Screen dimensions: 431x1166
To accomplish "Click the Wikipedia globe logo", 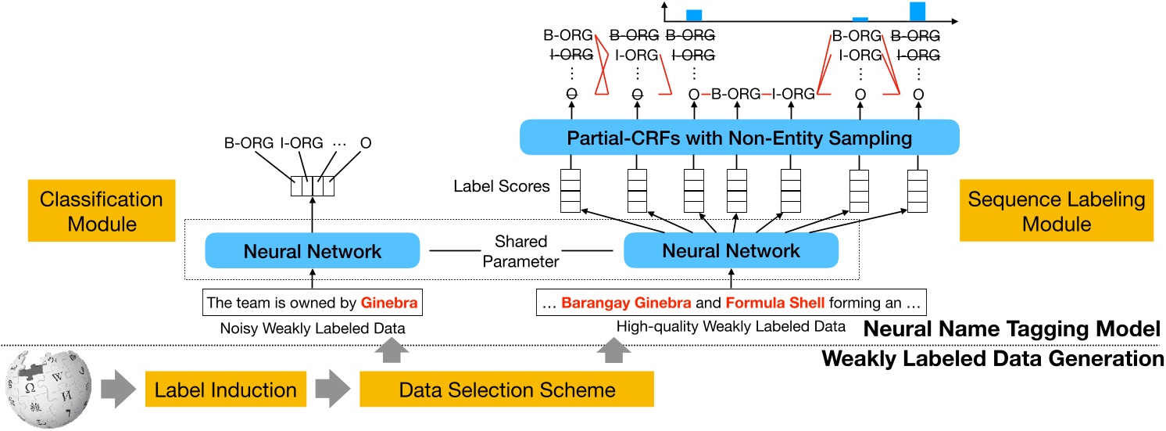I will [x=48, y=388].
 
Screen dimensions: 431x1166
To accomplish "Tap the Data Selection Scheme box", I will [x=506, y=389].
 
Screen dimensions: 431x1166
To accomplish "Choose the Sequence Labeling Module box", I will [x=1056, y=211].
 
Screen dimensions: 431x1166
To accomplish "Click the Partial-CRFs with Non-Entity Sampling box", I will [x=739, y=139].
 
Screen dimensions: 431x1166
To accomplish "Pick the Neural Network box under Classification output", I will [x=313, y=251].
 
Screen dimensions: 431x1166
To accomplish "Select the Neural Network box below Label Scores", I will [x=731, y=251].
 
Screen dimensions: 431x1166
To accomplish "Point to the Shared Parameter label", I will [x=520, y=251].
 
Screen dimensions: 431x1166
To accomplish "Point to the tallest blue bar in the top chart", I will [x=917, y=11].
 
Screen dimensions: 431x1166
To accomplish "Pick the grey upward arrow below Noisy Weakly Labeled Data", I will [x=390, y=354].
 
